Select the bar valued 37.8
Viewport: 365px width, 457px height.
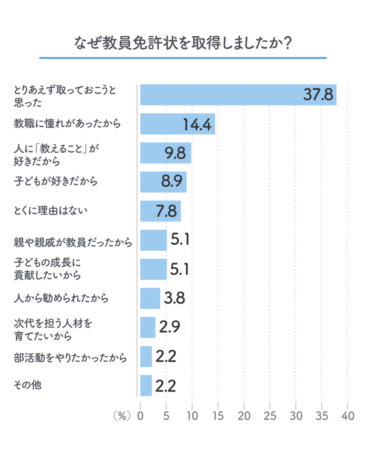238,95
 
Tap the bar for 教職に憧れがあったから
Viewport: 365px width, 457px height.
177,124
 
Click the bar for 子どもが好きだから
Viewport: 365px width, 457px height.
163,182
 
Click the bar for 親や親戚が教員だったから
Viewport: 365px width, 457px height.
153,240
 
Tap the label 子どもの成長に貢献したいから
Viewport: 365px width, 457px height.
47,269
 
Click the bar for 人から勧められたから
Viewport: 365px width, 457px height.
150,299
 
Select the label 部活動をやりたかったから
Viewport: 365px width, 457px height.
70,357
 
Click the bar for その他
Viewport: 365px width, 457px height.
146,386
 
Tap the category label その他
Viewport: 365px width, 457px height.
27,386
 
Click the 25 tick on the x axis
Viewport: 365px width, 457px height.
270,416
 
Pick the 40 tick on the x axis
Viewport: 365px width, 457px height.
348,416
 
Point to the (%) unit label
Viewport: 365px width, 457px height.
122,416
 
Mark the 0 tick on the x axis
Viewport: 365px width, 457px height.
140,416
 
